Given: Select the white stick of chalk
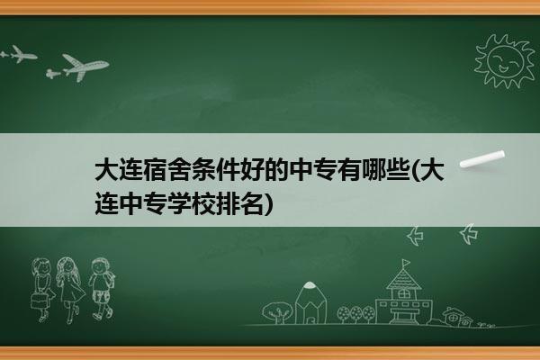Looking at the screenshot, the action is [x=482, y=159].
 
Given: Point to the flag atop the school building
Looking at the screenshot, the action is [x=407, y=263].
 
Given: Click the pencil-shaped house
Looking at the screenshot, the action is [x=310, y=302].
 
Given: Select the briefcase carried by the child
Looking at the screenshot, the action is [x=39, y=301].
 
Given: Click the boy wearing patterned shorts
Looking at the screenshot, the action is [x=101, y=289].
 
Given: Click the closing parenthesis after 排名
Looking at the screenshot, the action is [x=268, y=204].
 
